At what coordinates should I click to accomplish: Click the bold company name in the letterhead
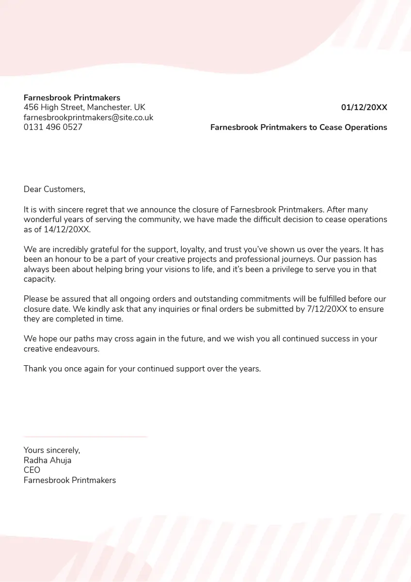(72, 98)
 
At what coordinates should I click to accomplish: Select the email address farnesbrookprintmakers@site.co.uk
(88, 117)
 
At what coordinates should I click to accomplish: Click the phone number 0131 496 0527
(53, 128)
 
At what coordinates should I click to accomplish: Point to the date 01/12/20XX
(364, 108)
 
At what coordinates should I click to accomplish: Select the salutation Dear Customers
(54, 190)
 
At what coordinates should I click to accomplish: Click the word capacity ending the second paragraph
(39, 279)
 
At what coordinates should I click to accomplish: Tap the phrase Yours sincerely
(52, 451)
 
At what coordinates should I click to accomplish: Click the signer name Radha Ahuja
(47, 460)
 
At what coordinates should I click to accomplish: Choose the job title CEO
(32, 470)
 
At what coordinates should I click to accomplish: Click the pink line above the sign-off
(85, 437)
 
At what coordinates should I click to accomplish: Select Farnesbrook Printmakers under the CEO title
(70, 480)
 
